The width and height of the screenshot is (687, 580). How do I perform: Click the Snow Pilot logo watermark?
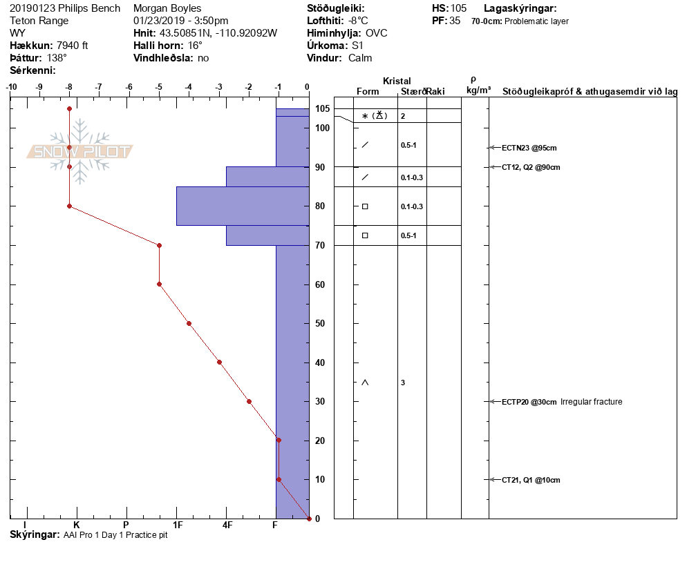pos(80,151)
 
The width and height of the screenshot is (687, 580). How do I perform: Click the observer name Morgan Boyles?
pos(167,8)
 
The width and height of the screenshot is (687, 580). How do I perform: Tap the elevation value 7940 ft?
pos(73,46)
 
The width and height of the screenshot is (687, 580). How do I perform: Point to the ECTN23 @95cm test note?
pos(529,148)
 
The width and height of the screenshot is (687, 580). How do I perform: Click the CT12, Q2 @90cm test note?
pos(531,167)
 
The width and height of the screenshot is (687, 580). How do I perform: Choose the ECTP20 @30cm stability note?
pos(529,402)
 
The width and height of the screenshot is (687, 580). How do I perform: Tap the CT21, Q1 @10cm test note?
pos(531,480)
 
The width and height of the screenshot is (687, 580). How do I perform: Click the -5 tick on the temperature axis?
pos(159,87)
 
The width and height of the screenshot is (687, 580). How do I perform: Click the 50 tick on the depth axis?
pos(321,324)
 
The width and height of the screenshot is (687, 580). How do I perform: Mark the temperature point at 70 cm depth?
pos(160,245)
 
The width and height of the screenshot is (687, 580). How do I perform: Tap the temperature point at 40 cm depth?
pos(219,362)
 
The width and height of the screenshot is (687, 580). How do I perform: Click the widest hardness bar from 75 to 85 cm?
pos(242,206)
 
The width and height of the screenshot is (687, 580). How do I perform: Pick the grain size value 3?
pos(403,383)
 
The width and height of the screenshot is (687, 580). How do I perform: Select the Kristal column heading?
pos(397,81)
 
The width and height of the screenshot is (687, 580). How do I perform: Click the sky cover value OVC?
pos(377,33)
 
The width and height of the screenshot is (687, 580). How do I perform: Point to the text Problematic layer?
pos(537,21)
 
